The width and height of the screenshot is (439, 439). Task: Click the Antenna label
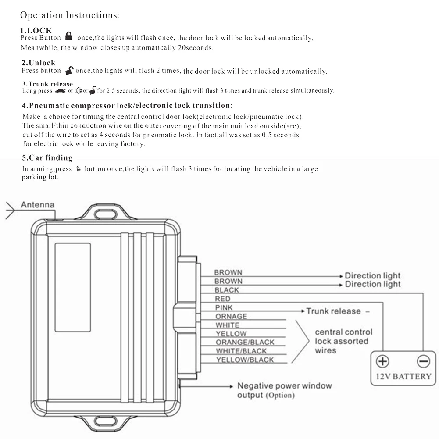[38, 204]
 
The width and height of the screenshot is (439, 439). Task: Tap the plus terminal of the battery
[383, 361]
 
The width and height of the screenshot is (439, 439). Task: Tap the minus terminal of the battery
[423, 361]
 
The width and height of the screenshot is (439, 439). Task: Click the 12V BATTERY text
[403, 376]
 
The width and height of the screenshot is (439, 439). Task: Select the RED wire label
[223, 299]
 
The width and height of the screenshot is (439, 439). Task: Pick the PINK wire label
[224, 307]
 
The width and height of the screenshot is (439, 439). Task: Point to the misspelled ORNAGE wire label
[231, 316]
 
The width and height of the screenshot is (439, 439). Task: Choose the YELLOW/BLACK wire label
[245, 360]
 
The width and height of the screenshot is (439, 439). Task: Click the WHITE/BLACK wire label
[241, 351]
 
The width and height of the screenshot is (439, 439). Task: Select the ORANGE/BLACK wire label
[245, 342]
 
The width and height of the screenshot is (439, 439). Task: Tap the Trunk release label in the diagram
[333, 311]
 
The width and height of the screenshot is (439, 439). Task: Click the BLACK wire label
[227, 290]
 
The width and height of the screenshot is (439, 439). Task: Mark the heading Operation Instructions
[70, 15]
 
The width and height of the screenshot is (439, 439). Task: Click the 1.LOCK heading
[36, 30]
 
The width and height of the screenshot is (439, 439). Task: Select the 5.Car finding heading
[47, 158]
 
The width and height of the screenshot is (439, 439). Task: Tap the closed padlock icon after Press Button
[68, 36]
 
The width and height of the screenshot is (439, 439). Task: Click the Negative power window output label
[284, 390]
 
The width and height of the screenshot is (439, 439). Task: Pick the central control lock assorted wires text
[343, 341]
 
